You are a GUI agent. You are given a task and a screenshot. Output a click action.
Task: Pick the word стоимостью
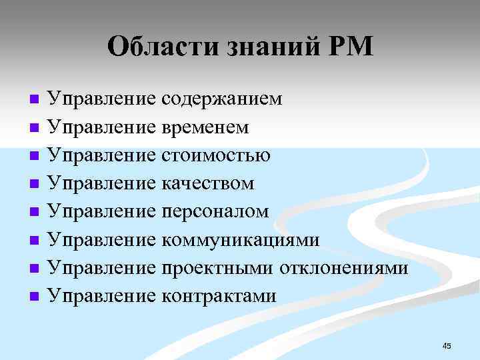pos(216,155)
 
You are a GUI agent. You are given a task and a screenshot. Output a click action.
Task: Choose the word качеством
pos(208,183)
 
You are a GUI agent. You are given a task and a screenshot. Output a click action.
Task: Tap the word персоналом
pos(215,211)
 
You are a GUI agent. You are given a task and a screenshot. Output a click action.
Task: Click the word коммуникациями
pos(241,239)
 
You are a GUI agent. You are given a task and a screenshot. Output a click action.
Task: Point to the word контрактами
pos(219,295)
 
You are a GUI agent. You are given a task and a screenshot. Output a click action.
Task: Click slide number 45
pos(447,345)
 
